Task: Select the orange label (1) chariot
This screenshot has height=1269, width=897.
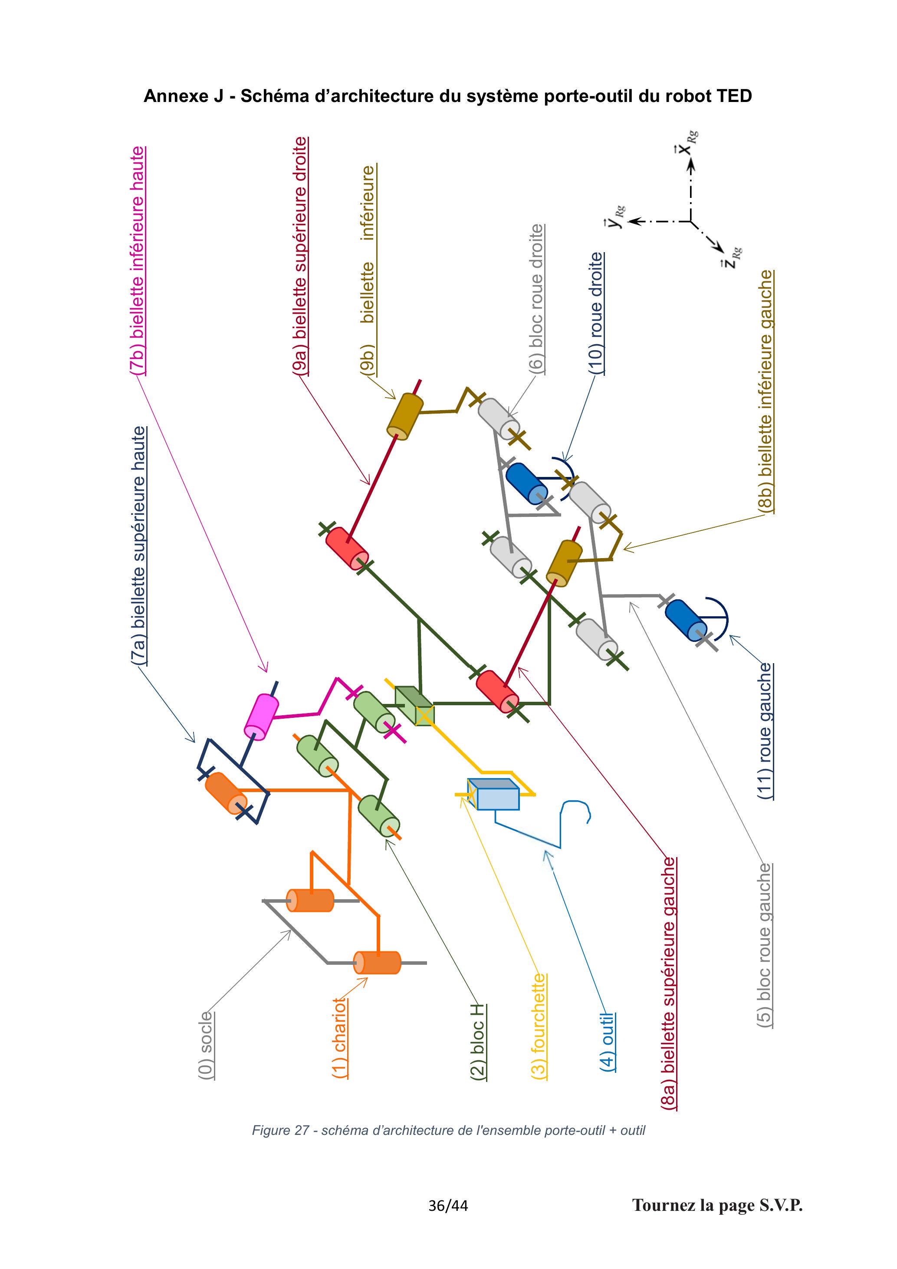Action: coord(340,1037)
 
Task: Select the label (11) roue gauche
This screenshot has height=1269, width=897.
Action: coord(765,731)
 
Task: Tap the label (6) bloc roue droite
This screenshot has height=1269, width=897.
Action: coord(537,299)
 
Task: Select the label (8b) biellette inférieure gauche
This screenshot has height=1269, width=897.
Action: coord(766,391)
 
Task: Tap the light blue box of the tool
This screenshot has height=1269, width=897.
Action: coord(493,794)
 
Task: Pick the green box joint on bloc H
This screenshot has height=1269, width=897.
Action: coord(414,706)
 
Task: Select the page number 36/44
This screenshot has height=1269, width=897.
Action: coord(448,1206)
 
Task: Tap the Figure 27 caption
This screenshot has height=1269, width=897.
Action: coord(448,1130)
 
